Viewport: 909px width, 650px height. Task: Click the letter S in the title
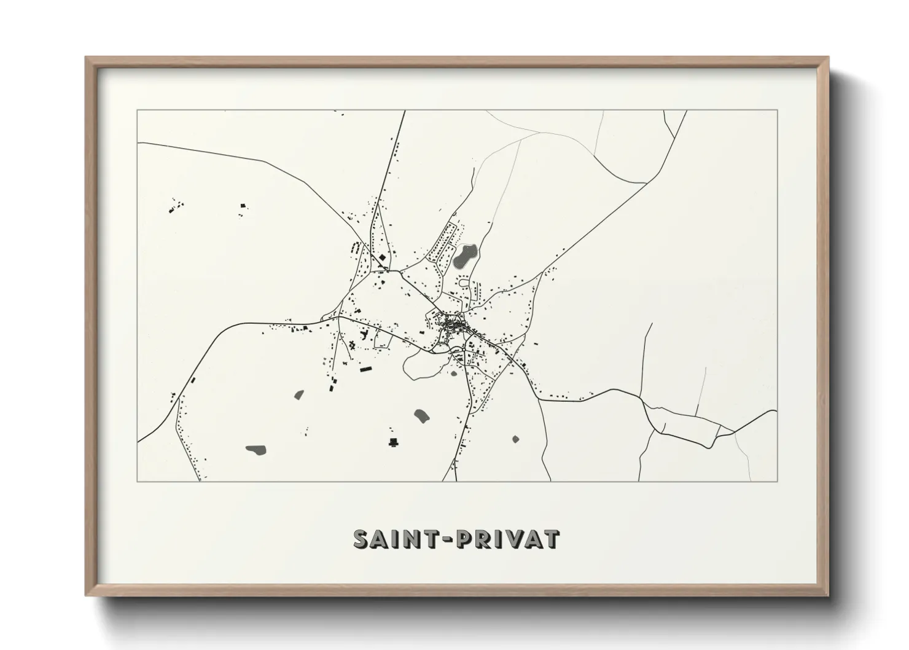[362, 539]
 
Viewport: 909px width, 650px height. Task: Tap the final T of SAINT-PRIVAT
[552, 539]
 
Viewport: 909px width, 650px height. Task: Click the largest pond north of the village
[465, 256]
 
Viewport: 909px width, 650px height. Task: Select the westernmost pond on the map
[255, 450]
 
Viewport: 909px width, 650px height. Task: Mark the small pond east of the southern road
[515, 439]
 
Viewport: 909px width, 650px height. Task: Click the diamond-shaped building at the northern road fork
[383, 258]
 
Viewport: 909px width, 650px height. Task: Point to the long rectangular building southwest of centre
[366, 369]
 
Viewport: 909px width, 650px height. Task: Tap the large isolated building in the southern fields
[393, 442]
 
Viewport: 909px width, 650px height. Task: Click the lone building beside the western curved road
[192, 381]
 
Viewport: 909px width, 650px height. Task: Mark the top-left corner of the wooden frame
[87, 58]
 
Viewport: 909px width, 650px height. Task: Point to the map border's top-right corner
[777, 111]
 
